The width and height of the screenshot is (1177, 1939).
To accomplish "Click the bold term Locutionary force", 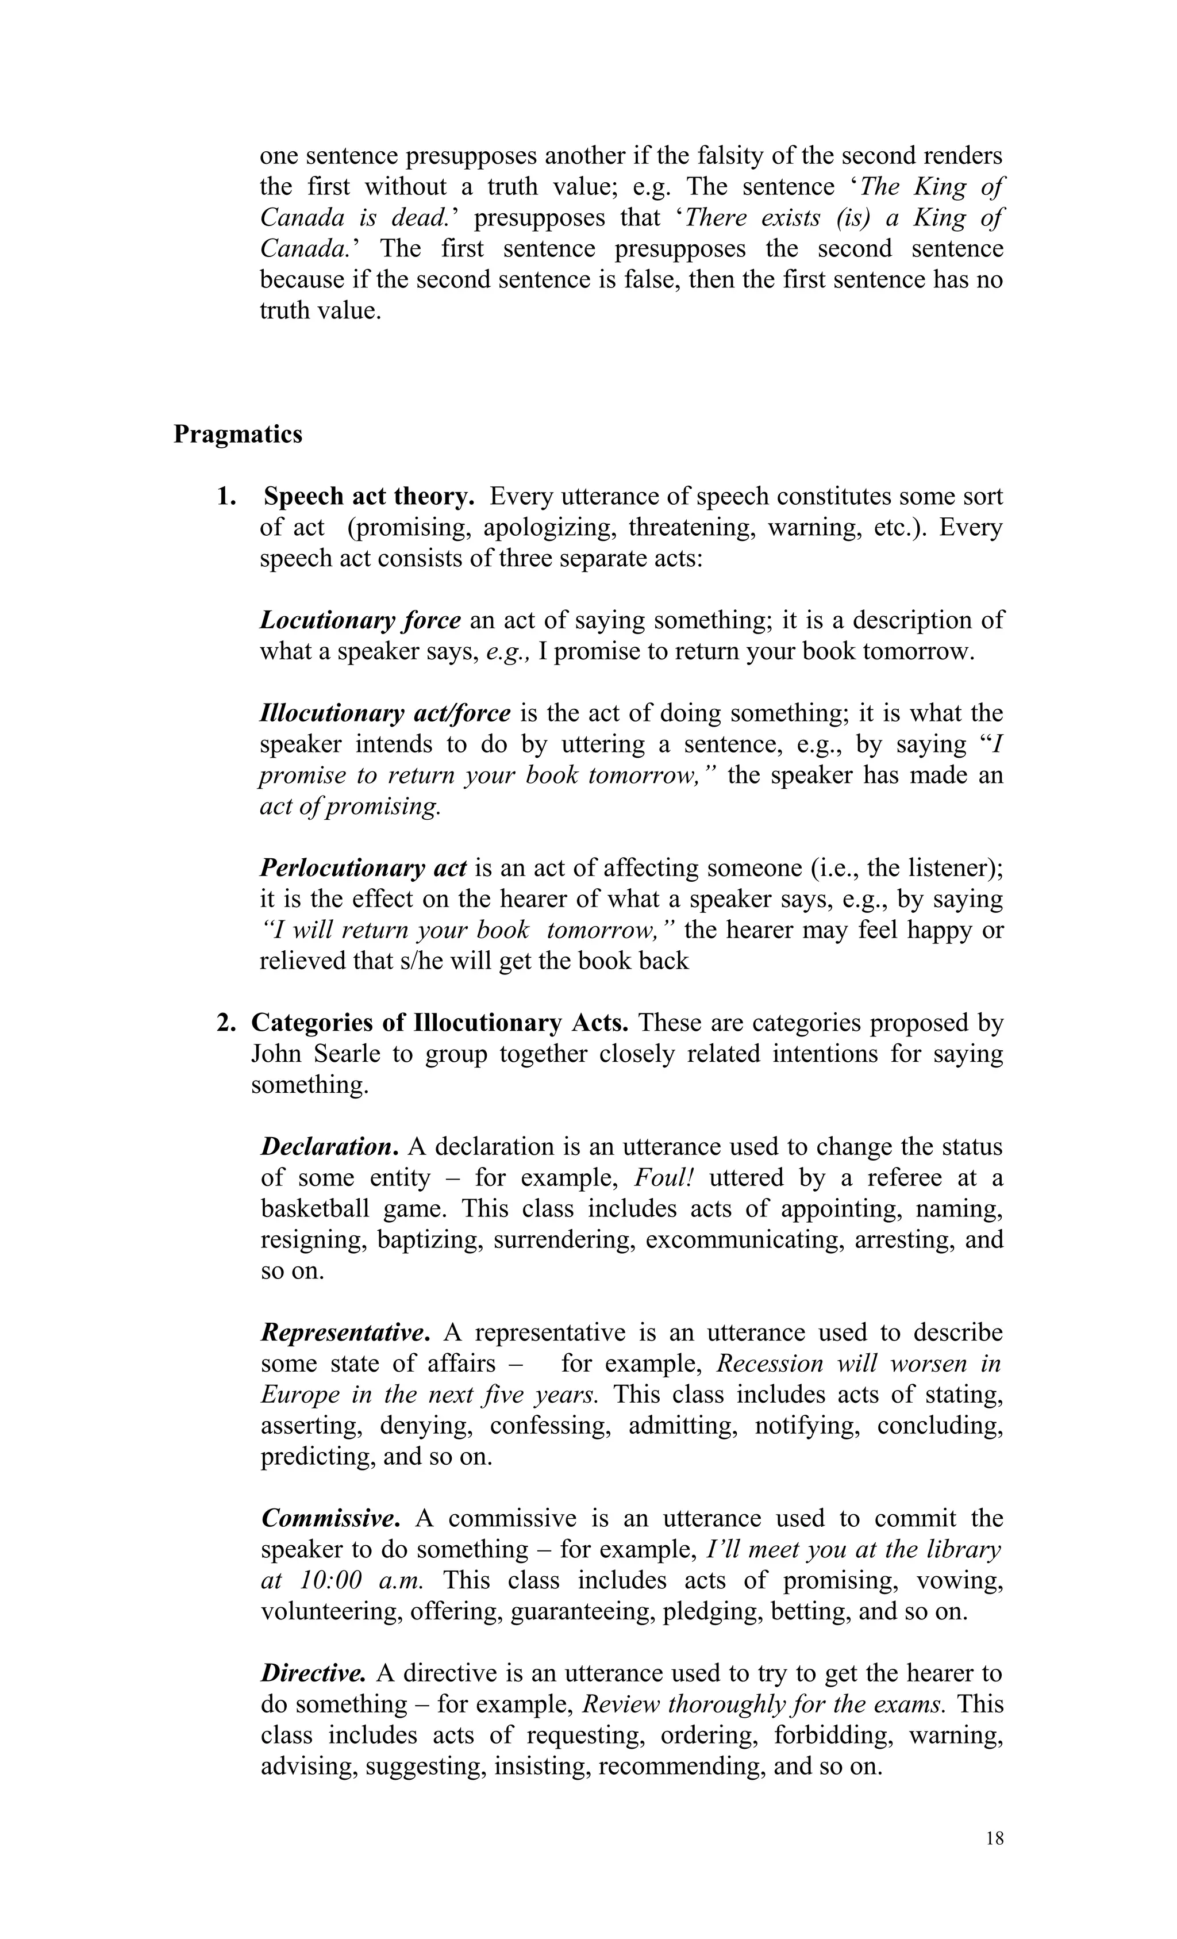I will pyautogui.click(x=360, y=620).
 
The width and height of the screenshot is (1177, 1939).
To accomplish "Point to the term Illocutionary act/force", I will pyautogui.click(x=384, y=713).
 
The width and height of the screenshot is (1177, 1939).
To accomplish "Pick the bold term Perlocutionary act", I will pyautogui.click(x=363, y=868).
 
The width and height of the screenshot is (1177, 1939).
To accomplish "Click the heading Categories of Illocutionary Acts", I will pyautogui.click(x=439, y=1023).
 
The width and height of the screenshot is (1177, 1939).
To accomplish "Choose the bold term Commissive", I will pyautogui.click(x=330, y=1518).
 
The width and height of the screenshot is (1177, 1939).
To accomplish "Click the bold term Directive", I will pyautogui.click(x=313, y=1672).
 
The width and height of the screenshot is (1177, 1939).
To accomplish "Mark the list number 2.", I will pyautogui.click(x=226, y=1023).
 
